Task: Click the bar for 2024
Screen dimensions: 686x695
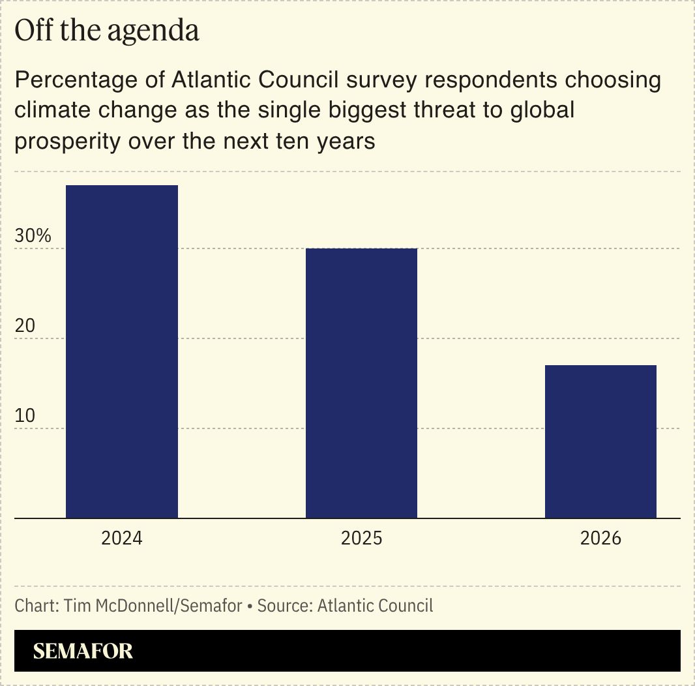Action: [x=122, y=351]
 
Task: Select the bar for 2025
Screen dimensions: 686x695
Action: [x=361, y=383]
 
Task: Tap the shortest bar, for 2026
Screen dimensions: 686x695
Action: [x=600, y=441]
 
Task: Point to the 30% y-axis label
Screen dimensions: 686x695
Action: [x=33, y=236]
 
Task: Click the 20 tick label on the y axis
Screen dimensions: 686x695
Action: [x=25, y=326]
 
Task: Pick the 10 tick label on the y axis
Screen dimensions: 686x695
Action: [x=25, y=416]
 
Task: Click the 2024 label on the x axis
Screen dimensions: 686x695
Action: [x=122, y=539]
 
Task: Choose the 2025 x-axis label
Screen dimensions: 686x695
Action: [x=361, y=539]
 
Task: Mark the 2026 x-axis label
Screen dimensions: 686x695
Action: [x=600, y=539]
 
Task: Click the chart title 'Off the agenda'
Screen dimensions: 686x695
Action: [x=107, y=31]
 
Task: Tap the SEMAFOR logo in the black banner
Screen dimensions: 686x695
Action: [x=83, y=651]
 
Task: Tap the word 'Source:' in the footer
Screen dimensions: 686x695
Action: [x=285, y=606]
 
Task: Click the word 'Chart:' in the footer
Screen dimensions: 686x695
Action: [x=37, y=606]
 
